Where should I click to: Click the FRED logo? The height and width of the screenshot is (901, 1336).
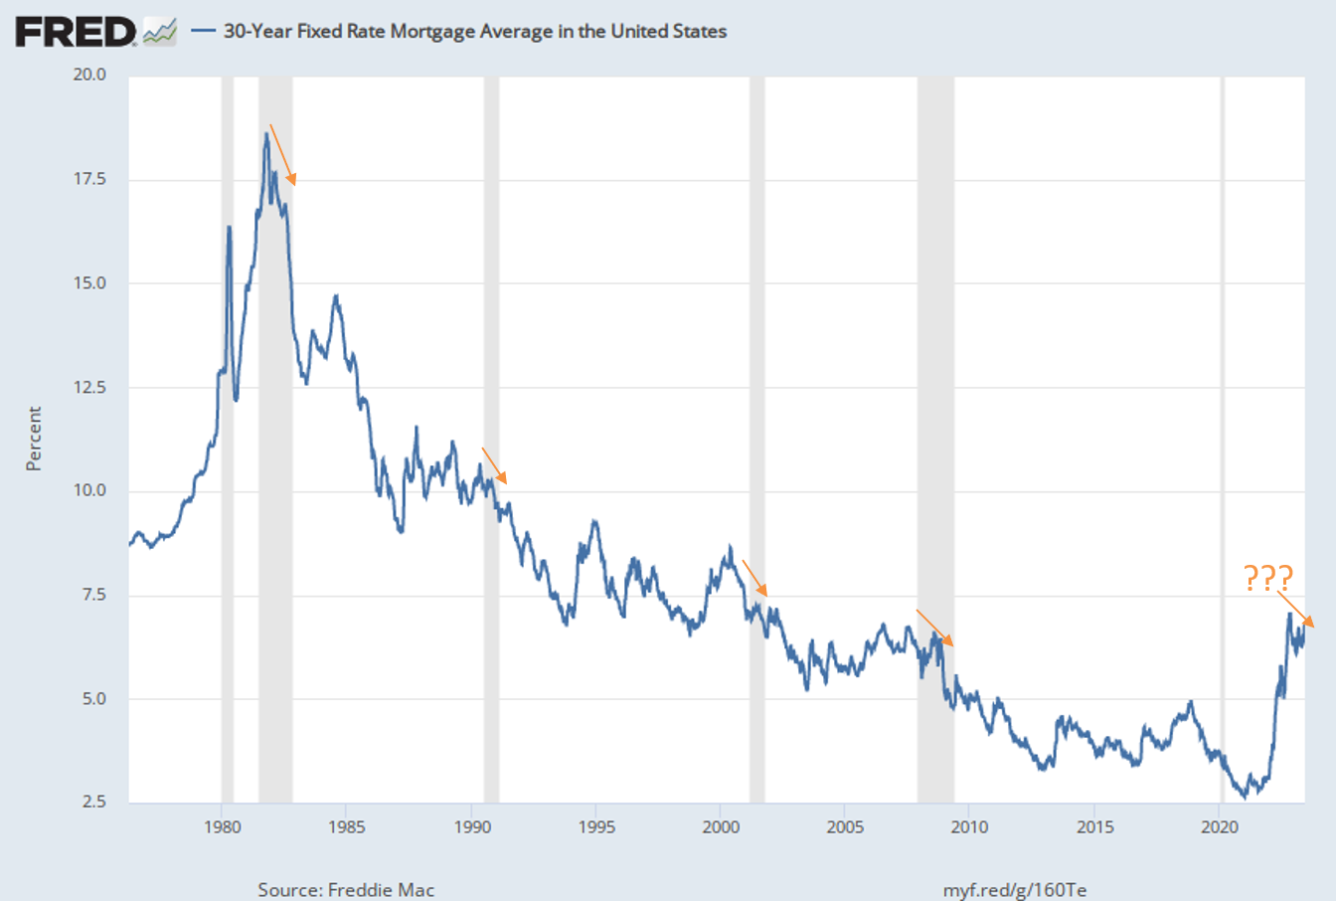pyautogui.click(x=76, y=32)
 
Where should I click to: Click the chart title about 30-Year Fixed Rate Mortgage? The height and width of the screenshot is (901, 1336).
pyautogui.click(x=475, y=31)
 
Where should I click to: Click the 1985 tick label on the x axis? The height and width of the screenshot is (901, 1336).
pyautogui.click(x=346, y=826)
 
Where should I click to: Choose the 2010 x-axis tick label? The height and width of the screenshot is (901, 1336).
pyautogui.click(x=969, y=826)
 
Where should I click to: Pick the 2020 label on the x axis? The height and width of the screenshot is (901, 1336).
pyautogui.click(x=1219, y=826)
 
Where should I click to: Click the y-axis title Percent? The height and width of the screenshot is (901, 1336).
pyautogui.click(x=35, y=438)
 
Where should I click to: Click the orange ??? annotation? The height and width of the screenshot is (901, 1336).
pyautogui.click(x=1267, y=578)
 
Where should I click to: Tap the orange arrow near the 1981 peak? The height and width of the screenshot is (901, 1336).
pyautogui.click(x=283, y=155)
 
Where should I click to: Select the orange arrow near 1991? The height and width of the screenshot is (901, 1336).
pyautogui.click(x=494, y=465)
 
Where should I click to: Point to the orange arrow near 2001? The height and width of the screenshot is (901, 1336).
pyautogui.click(x=754, y=578)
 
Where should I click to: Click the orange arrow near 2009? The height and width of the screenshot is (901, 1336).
pyautogui.click(x=934, y=628)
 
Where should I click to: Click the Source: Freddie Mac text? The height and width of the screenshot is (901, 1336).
pyautogui.click(x=346, y=889)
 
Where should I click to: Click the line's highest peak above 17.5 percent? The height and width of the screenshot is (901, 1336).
pyautogui.click(x=266, y=134)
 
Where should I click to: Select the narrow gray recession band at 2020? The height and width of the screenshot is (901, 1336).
pyautogui.click(x=1223, y=438)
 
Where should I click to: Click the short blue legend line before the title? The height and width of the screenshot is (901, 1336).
pyautogui.click(x=204, y=31)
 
